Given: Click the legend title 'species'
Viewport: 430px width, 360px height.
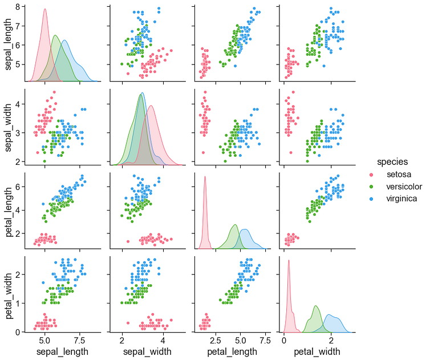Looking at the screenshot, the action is point(392,162).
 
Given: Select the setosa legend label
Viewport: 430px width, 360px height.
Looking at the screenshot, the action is point(399,174).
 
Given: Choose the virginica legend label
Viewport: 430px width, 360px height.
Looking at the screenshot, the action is point(401,199).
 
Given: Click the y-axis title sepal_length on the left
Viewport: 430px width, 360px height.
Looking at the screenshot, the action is point(8,45).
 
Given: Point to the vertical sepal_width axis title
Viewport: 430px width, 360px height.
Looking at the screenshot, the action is point(8,128).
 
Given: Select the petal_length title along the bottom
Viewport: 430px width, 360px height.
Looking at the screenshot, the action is point(232,351).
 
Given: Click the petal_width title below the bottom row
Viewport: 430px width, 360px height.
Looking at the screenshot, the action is point(317,351).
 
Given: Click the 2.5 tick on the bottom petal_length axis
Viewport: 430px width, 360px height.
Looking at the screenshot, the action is point(216,341).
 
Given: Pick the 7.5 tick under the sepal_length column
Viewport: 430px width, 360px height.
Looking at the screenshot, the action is point(80,341).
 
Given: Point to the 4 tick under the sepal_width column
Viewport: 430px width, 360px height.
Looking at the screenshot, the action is point(164,341).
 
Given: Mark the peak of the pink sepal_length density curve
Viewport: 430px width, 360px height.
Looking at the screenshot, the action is point(44,9).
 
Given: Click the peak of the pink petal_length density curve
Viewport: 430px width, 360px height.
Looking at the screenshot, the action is point(205,176).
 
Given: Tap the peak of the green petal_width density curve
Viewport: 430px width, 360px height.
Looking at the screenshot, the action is point(315,306).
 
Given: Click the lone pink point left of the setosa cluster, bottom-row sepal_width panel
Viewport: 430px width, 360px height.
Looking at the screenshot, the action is point(128,323).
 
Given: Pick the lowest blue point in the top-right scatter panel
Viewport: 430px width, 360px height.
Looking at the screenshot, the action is point(324,66).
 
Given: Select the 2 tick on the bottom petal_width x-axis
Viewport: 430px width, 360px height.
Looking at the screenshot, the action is point(331,341).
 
